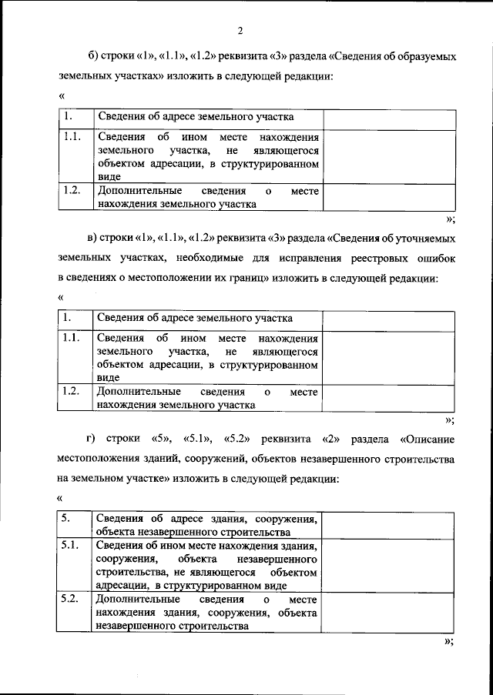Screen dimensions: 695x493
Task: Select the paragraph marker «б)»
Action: click(x=94, y=58)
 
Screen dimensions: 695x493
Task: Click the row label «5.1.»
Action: click(x=70, y=545)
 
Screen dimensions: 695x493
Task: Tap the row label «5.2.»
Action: click(x=70, y=599)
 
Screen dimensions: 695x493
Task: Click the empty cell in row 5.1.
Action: click(x=388, y=564)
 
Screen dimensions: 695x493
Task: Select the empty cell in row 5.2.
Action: click(x=388, y=613)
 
